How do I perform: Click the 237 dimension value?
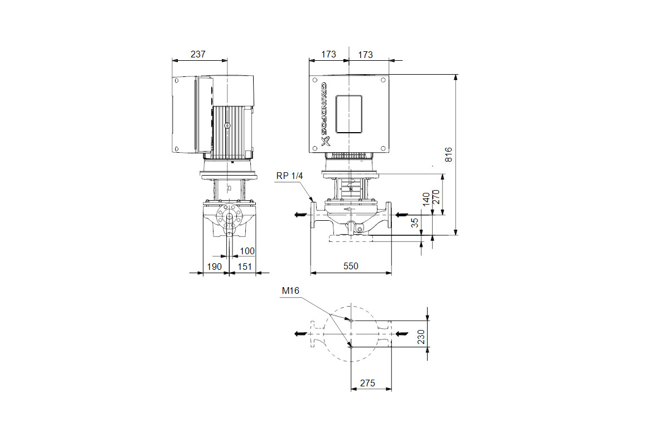(198, 55)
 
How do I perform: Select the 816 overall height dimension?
(448, 155)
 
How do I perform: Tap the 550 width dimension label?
(351, 266)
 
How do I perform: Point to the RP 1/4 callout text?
(289, 176)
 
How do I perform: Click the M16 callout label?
(290, 290)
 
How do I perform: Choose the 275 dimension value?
(367, 383)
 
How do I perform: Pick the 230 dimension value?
(421, 337)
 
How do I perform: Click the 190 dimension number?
(214, 266)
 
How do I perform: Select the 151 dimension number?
(245, 266)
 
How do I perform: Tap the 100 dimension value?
(248, 251)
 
